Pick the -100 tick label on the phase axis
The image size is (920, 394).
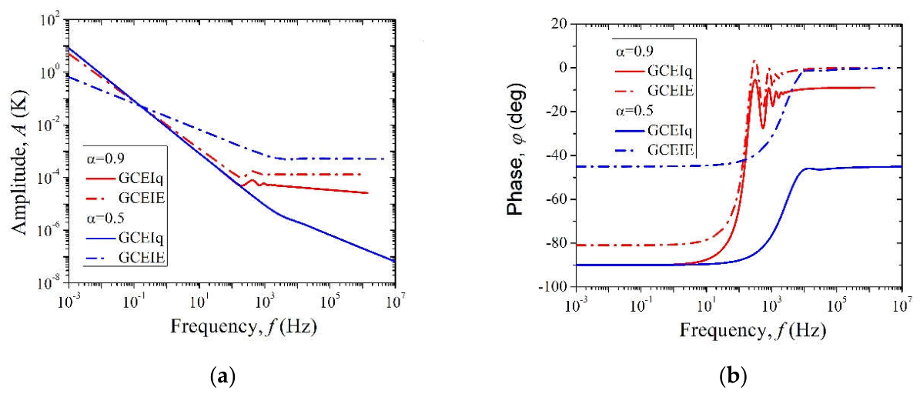pyautogui.click(x=554, y=287)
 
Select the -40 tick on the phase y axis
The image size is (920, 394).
pyautogui.click(x=556, y=155)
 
